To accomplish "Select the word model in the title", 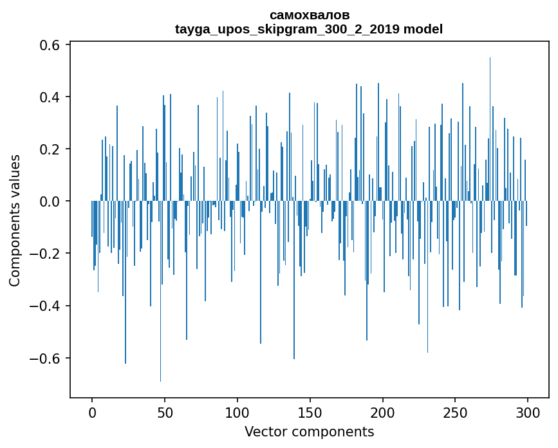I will [423, 29].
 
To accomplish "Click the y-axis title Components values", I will [15, 220].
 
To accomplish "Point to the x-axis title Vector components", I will [309, 431].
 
